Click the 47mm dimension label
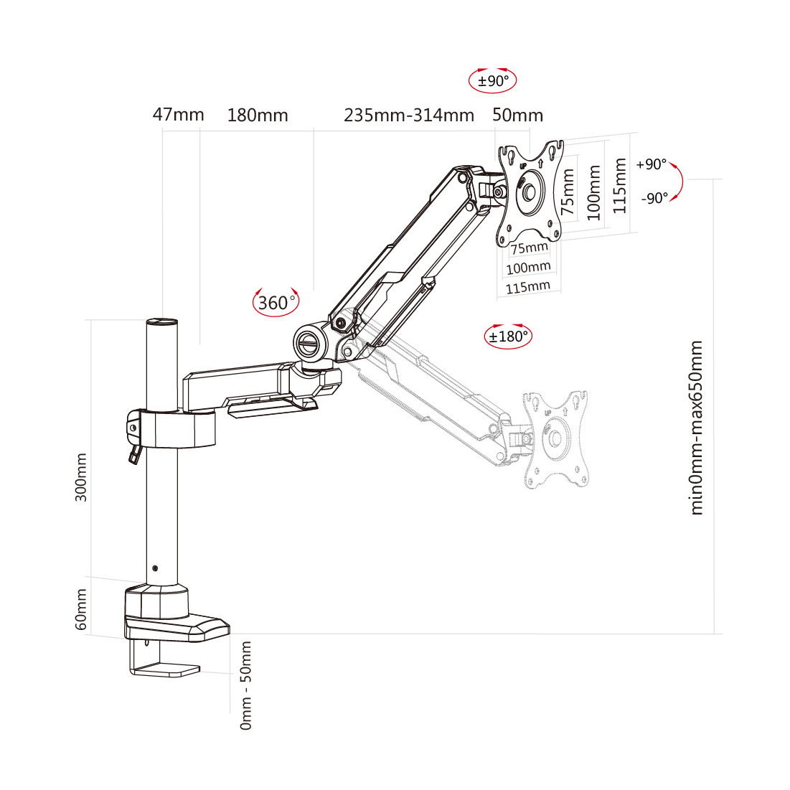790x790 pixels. click(178, 115)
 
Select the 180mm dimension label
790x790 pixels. click(258, 116)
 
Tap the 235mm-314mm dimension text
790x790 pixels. click(409, 116)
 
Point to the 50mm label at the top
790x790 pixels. click(518, 116)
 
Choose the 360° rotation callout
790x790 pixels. click(276, 303)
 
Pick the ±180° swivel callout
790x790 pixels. click(509, 335)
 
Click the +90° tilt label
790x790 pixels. click(651, 165)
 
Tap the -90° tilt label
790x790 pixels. click(654, 198)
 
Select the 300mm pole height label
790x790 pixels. click(81, 477)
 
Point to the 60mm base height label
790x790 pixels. click(81, 609)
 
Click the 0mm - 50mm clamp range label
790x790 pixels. click(246, 686)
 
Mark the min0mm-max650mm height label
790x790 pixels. click(697, 428)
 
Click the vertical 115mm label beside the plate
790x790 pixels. click(621, 187)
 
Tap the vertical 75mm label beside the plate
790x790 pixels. click(568, 192)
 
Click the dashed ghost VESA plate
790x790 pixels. click(556, 438)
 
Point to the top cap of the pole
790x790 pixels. click(162, 323)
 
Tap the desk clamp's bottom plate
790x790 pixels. click(165, 671)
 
